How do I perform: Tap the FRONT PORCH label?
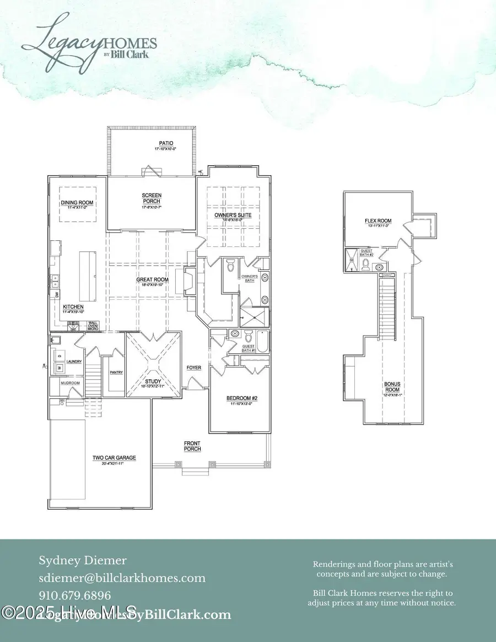(192, 446)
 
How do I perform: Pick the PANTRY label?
(116, 372)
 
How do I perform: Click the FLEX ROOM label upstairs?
(378, 222)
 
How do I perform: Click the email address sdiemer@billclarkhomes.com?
(122, 578)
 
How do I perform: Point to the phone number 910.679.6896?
(74, 595)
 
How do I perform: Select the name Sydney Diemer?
(82, 561)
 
